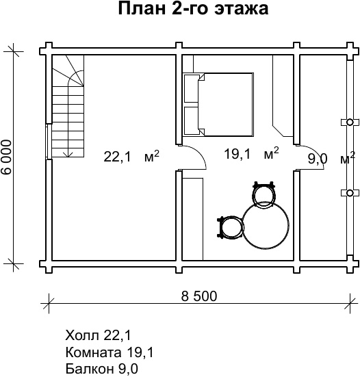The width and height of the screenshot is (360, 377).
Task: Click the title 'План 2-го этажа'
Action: pyautogui.click(x=193, y=9)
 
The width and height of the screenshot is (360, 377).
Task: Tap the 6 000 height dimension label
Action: pyautogui.click(x=6, y=157)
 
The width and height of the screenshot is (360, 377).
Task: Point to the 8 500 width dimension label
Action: pyautogui.click(x=199, y=296)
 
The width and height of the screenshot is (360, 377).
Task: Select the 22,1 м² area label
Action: pyautogui.click(x=131, y=157)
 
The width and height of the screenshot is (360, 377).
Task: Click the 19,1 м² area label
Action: pyautogui.click(x=251, y=154)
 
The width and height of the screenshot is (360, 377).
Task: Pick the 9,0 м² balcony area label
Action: pyautogui.click(x=331, y=158)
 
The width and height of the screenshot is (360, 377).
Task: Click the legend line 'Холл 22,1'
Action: pyautogui.click(x=98, y=335)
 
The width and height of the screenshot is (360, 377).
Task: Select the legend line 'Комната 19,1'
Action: pyautogui.click(x=110, y=353)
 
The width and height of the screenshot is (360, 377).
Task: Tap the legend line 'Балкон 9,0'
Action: pyautogui.click(x=102, y=368)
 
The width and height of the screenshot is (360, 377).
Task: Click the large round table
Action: pyautogui.click(x=266, y=225)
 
